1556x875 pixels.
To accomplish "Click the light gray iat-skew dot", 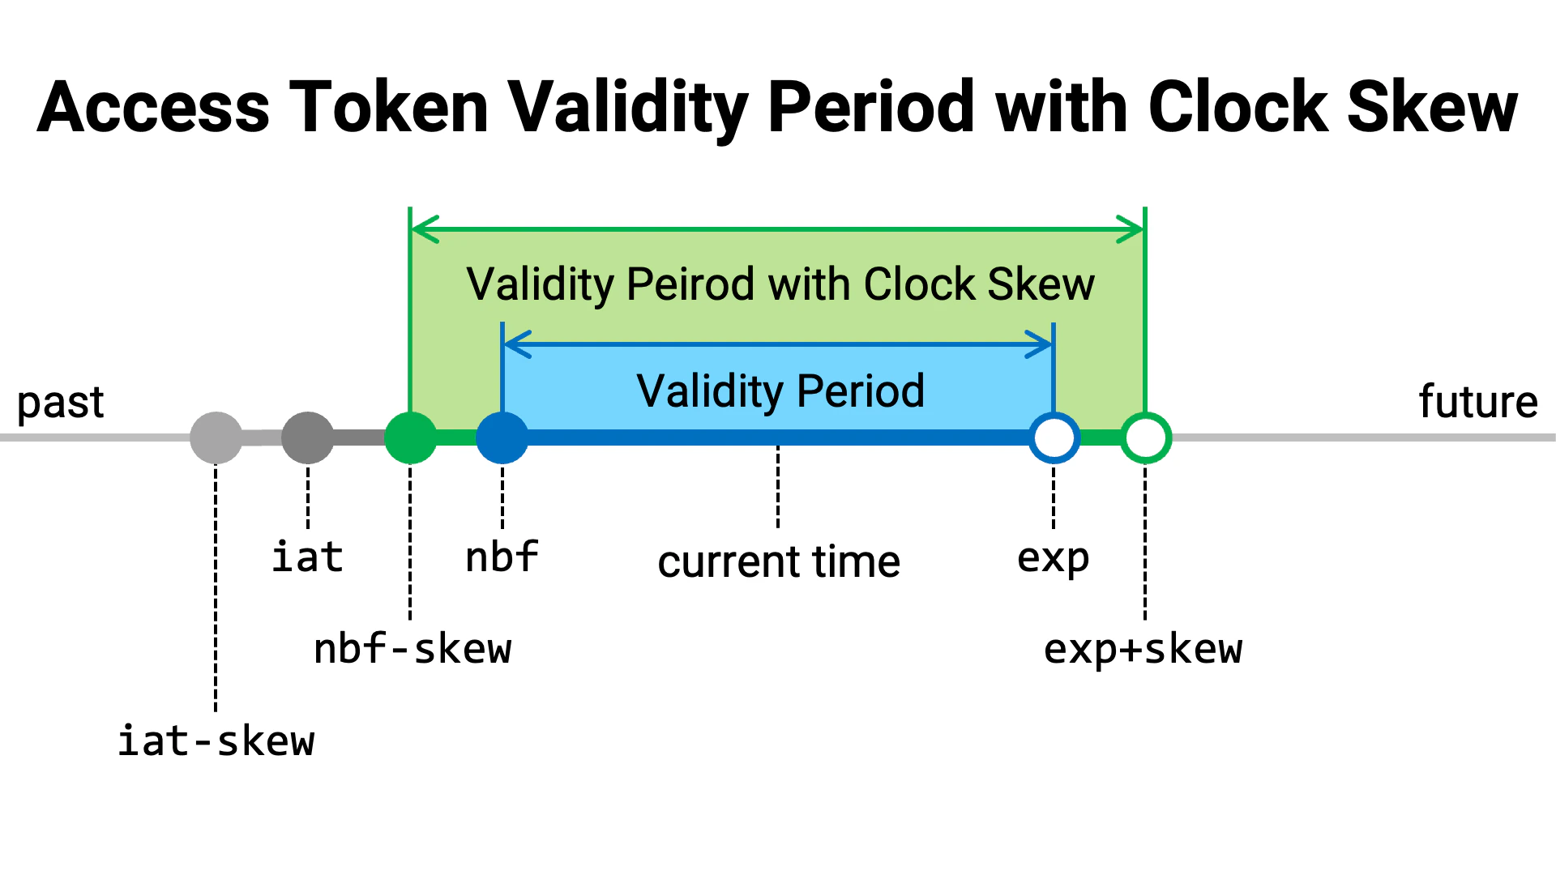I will click(216, 437).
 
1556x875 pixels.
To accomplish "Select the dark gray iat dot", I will click(308, 437).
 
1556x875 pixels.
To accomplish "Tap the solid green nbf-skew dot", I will click(410, 437).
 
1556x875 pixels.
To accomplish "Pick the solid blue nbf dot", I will click(502, 437).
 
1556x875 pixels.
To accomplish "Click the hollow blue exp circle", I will click(1054, 437).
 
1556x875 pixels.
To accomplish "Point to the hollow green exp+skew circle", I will click(1145, 437).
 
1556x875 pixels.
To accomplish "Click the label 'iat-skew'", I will click(216, 741).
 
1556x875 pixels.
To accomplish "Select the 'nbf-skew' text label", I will click(413, 649).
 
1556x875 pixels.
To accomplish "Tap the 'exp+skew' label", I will click(1143, 649).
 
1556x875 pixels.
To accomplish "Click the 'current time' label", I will click(779, 561).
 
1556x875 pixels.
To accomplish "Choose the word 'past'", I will click(61, 403).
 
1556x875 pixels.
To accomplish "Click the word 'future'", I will click(1478, 402).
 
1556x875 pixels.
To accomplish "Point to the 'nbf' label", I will click(502, 557).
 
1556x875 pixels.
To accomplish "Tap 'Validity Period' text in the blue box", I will click(780, 391).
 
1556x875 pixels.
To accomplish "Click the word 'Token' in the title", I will click(389, 107).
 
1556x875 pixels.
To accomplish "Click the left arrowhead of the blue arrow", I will click(515, 344).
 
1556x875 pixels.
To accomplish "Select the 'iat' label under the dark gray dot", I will click(308, 557).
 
